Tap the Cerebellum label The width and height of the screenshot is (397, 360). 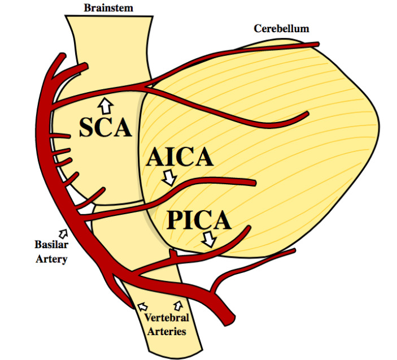[x=281, y=28]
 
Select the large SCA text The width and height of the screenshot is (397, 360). [x=105, y=128]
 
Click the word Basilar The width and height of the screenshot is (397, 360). [x=51, y=246]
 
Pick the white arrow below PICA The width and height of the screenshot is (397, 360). [x=208, y=239]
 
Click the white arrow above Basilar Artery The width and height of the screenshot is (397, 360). [x=62, y=232]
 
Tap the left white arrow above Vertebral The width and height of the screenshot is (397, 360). [x=141, y=306]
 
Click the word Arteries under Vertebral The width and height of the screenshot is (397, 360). [x=167, y=331]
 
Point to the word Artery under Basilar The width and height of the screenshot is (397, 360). [x=51, y=259]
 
